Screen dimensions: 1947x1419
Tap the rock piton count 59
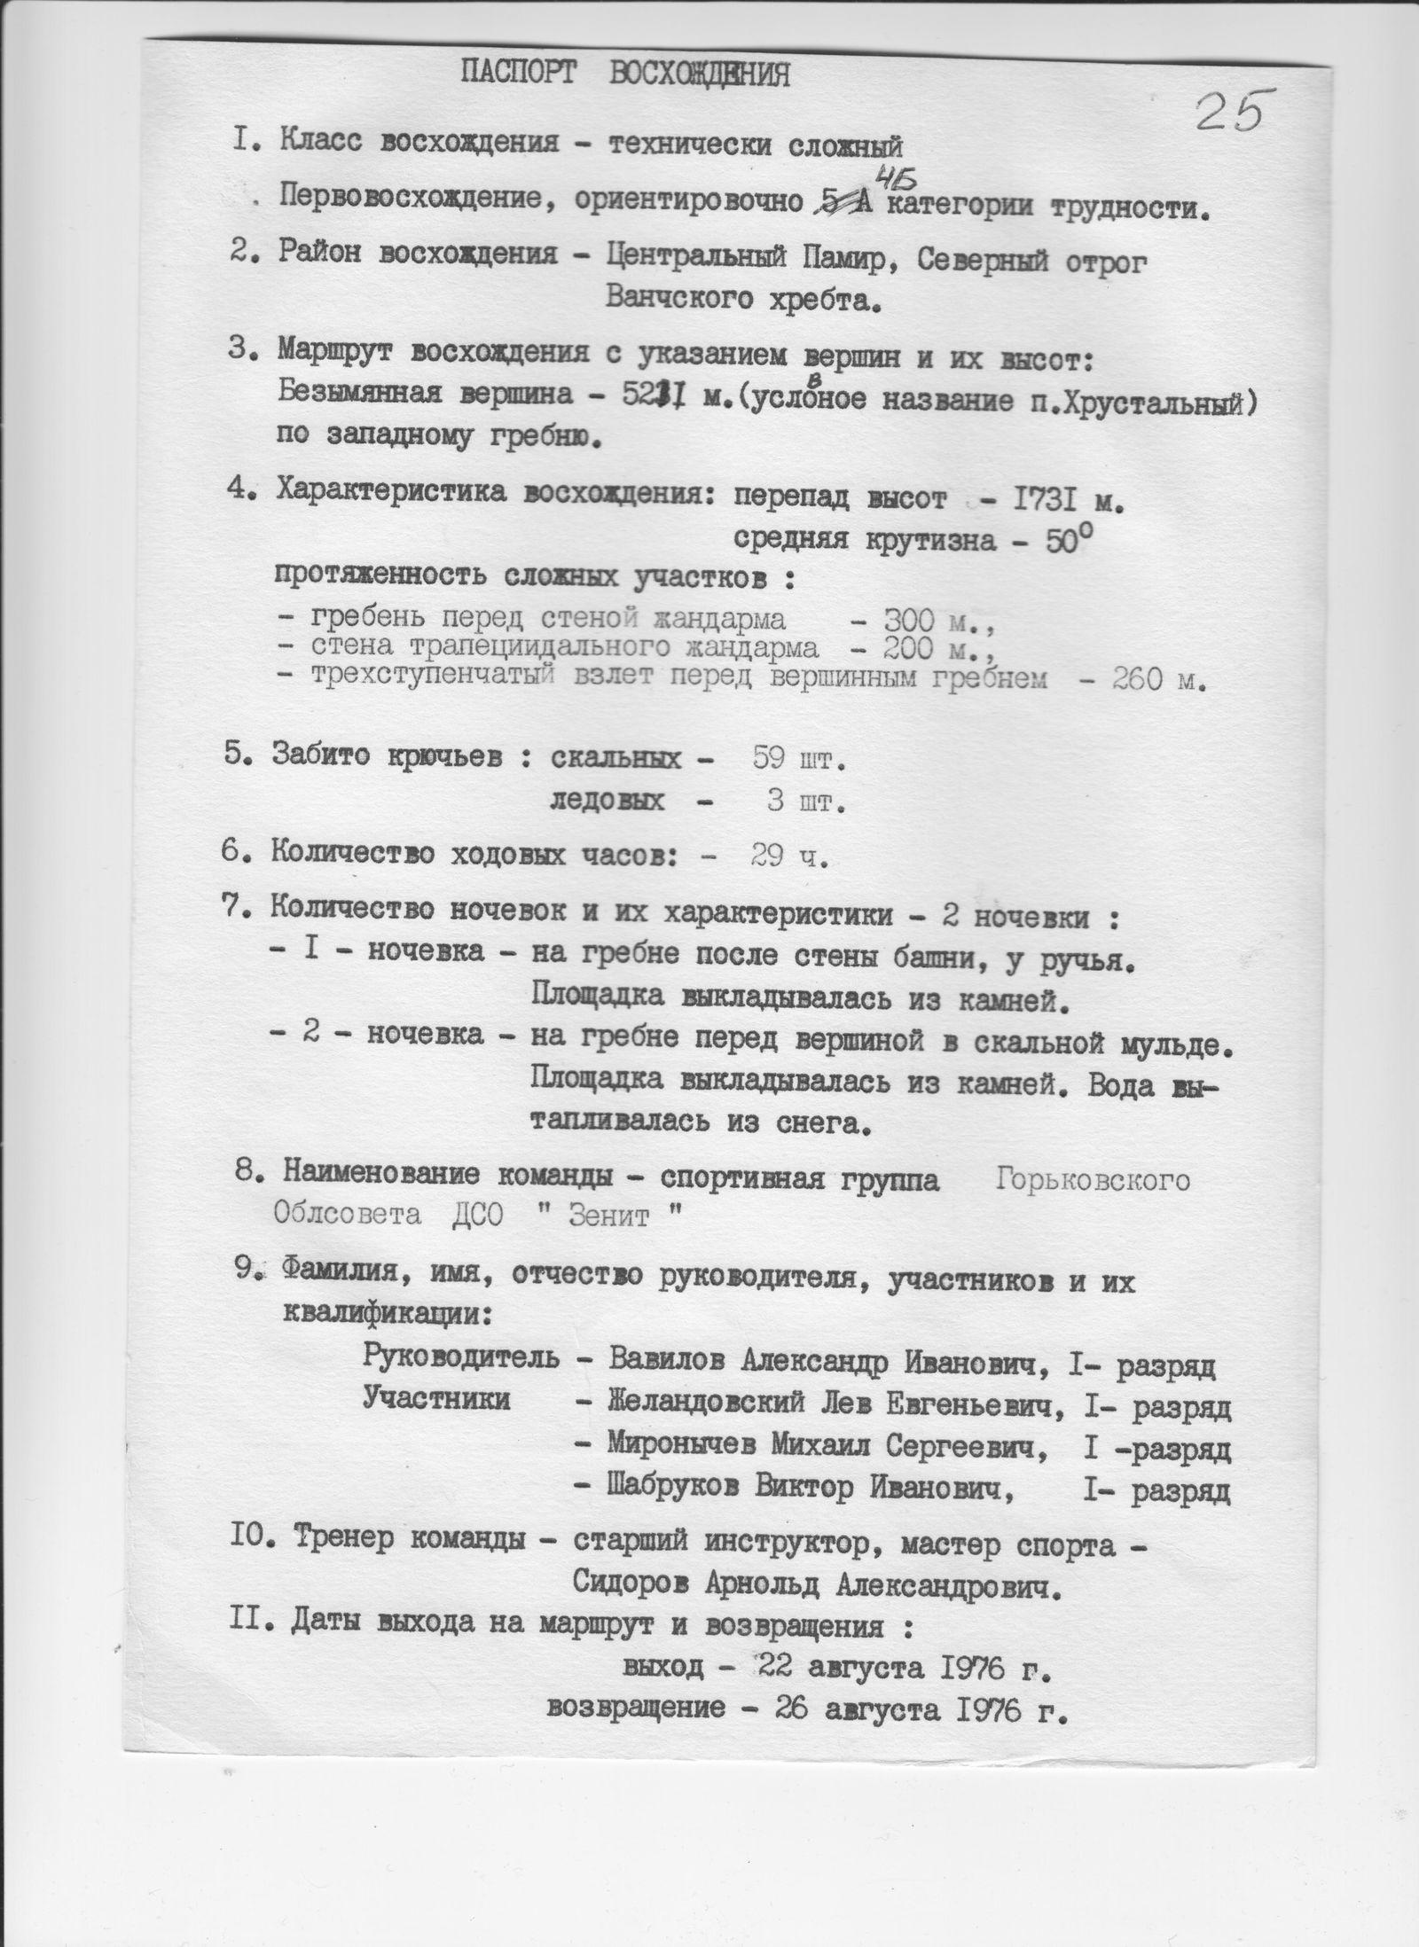point(770,759)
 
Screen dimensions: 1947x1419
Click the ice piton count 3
point(774,802)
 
